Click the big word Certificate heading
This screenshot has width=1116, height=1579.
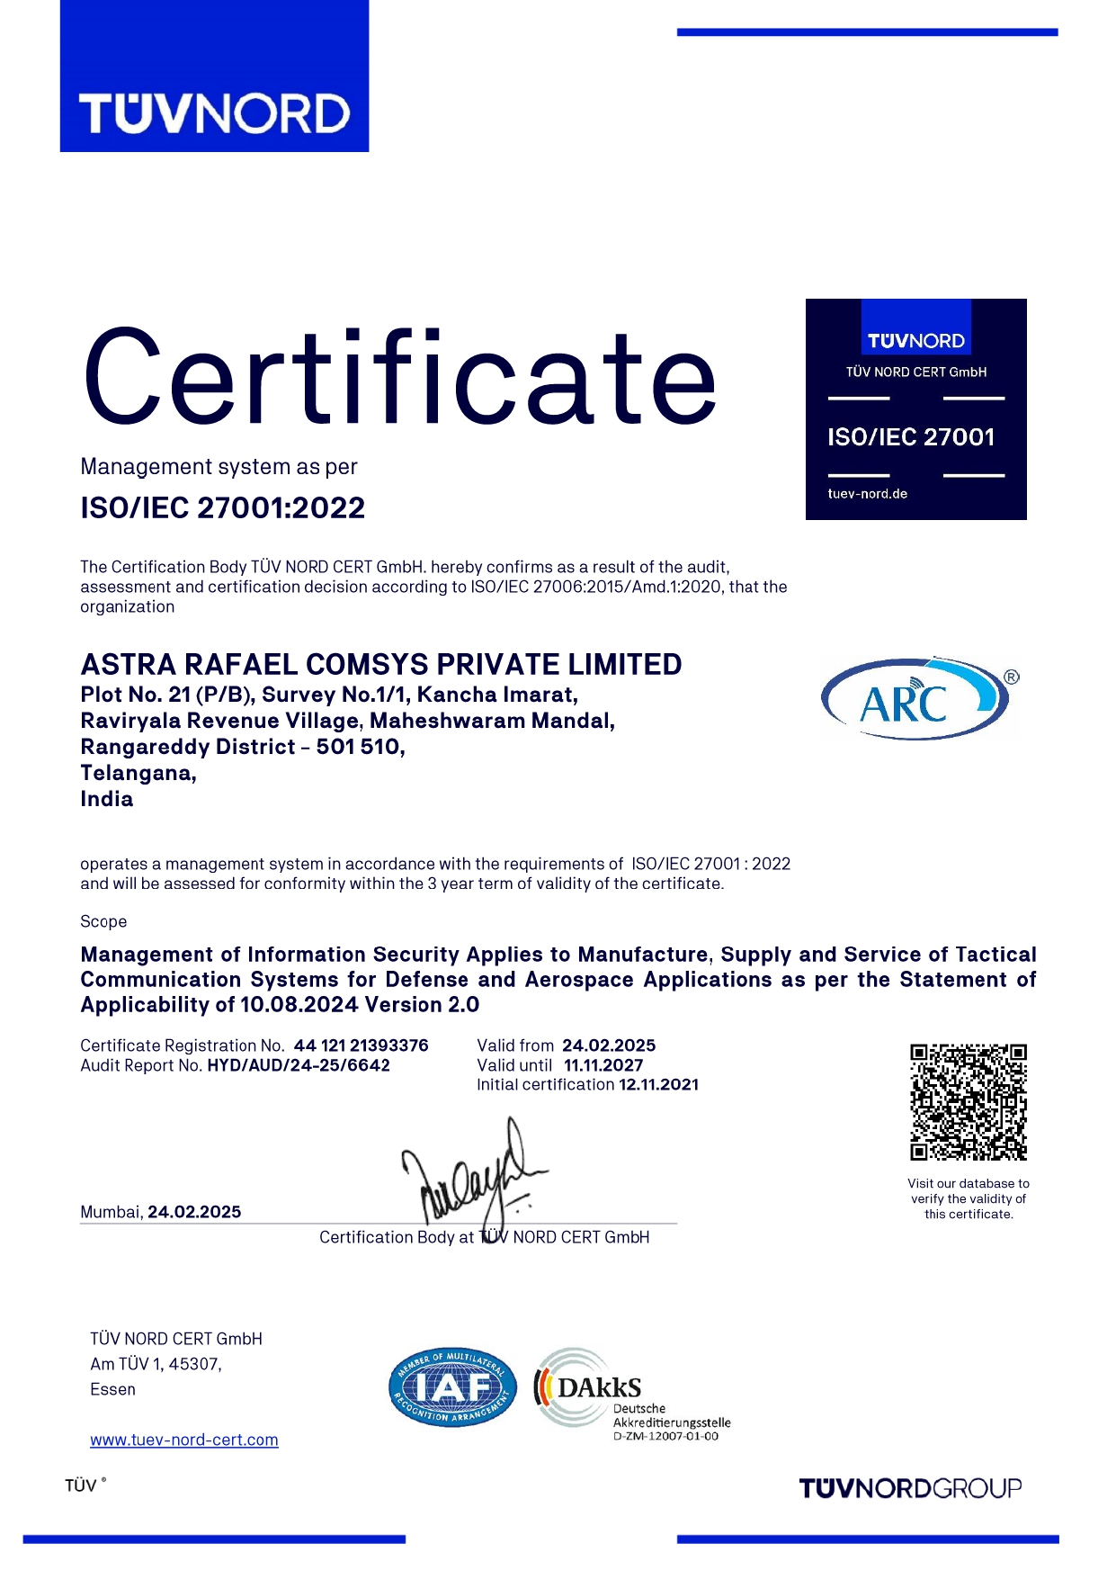click(x=400, y=378)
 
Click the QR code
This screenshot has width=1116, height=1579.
click(x=968, y=1102)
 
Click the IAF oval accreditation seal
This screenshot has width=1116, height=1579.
click(x=452, y=1386)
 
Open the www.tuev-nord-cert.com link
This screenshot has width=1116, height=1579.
click(x=184, y=1440)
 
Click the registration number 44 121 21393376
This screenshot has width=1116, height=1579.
click(x=361, y=1045)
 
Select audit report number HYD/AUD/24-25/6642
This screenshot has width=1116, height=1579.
click(x=299, y=1065)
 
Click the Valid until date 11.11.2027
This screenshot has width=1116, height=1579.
click(x=603, y=1065)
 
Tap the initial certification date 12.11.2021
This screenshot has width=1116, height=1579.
click(x=658, y=1085)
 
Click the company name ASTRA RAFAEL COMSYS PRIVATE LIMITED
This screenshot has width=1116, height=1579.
click(x=381, y=664)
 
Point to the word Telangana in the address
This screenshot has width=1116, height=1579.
click(x=138, y=773)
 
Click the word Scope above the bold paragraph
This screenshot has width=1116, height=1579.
click(x=103, y=921)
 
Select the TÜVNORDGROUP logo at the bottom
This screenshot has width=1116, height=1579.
click(x=910, y=1488)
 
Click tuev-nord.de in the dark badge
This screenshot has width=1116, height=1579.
click(x=867, y=494)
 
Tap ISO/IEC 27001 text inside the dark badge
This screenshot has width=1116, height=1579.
click(x=911, y=437)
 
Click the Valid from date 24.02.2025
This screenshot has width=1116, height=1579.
click(x=609, y=1045)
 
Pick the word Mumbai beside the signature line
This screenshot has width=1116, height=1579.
click(x=111, y=1212)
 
